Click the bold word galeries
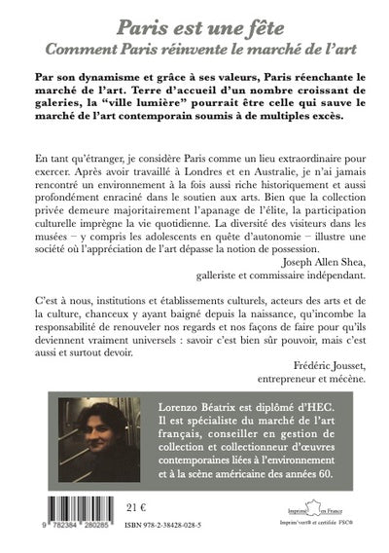[x=64, y=102]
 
